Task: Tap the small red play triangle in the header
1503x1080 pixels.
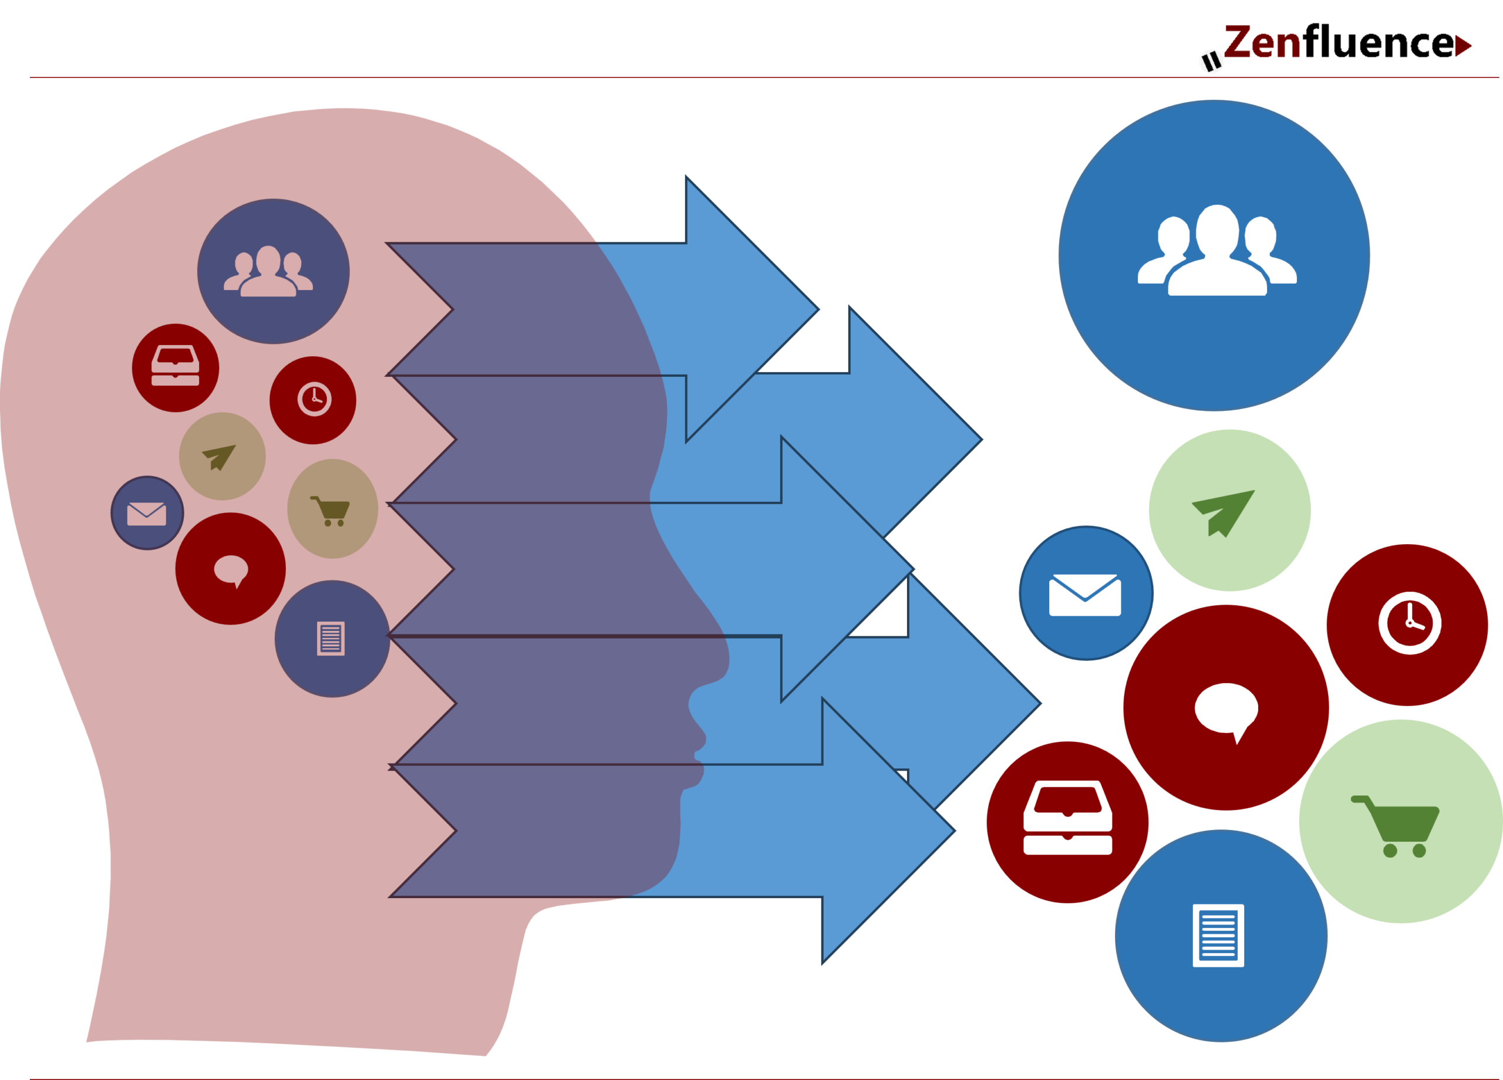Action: [x=1462, y=46]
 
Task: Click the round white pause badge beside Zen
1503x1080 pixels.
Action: [x=1211, y=62]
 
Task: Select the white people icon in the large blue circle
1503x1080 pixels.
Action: [x=1216, y=252]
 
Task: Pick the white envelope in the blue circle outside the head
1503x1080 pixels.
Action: [x=1085, y=595]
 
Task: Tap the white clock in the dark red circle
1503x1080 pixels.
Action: [x=1410, y=623]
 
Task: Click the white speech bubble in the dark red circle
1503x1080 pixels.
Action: [x=1226, y=710]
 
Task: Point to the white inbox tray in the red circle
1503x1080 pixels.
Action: [x=1067, y=818]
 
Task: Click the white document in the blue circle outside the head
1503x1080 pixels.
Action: [x=1218, y=935]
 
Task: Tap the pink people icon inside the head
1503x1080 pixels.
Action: [x=268, y=272]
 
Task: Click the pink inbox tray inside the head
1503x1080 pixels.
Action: [x=175, y=365]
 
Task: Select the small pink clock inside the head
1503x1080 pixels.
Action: [x=314, y=399]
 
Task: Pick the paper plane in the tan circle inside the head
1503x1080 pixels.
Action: [x=220, y=457]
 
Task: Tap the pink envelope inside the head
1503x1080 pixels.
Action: [x=146, y=514]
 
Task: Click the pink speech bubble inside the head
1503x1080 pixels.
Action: [x=231, y=571]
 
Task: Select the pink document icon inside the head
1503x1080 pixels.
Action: [x=331, y=639]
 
